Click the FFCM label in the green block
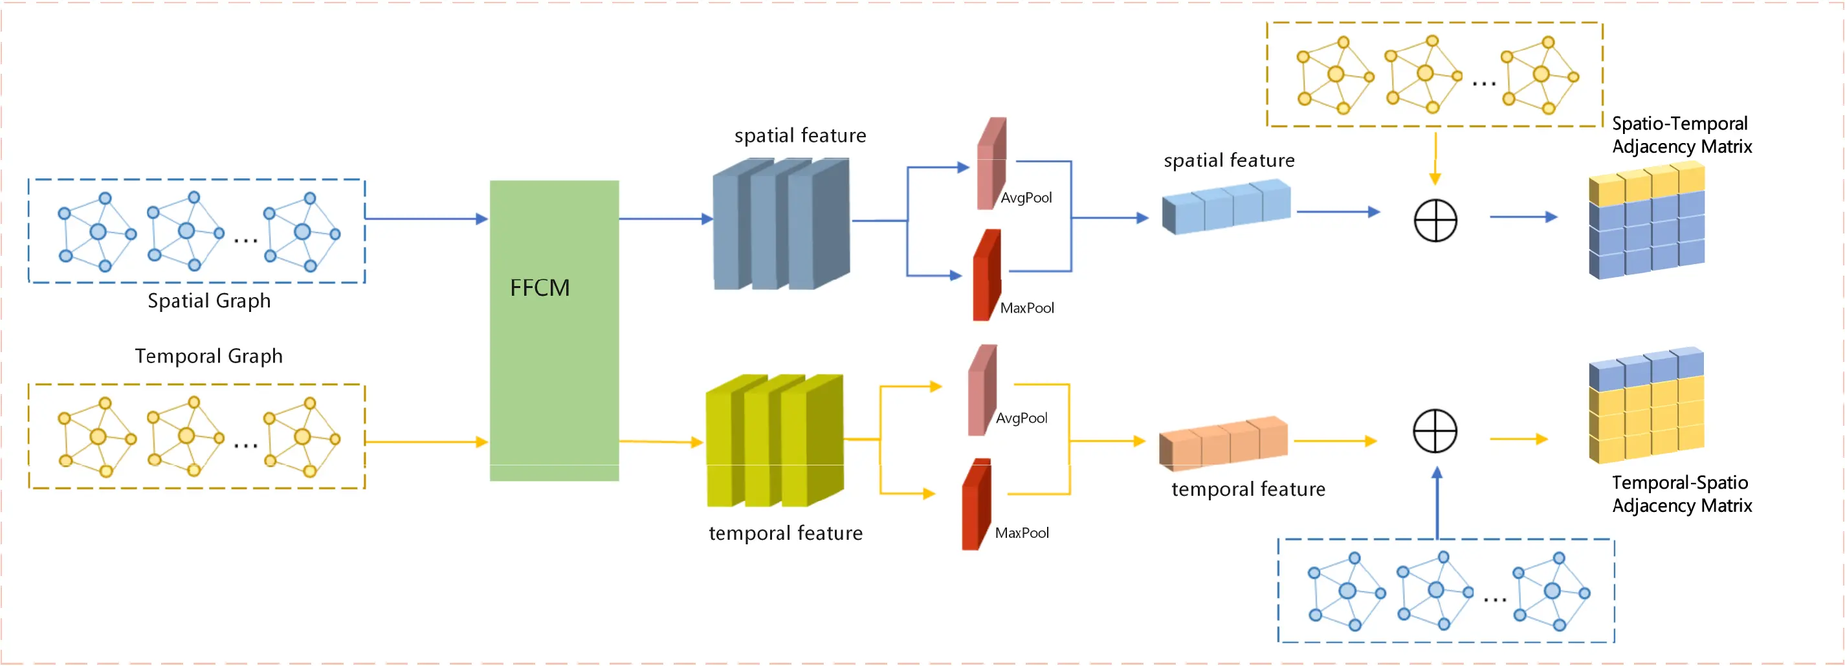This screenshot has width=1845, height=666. coord(539,288)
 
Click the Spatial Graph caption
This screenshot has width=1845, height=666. coord(209,301)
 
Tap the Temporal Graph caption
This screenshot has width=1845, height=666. coord(208,356)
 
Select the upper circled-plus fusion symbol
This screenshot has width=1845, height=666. coord(1435,220)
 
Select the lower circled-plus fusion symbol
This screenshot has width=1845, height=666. coord(1435,431)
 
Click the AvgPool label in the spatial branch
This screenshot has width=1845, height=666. coord(1026,197)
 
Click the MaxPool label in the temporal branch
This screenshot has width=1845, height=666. coord(1021,533)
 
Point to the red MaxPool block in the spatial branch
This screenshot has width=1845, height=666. coord(986,276)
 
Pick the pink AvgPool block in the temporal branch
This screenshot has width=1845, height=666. coord(982,391)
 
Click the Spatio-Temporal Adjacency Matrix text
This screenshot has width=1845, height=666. coord(1681,135)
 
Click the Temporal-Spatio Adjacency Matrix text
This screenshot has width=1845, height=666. coord(1681,494)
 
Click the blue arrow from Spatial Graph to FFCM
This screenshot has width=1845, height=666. coord(426,218)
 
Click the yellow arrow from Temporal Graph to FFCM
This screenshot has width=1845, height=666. coord(426,442)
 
